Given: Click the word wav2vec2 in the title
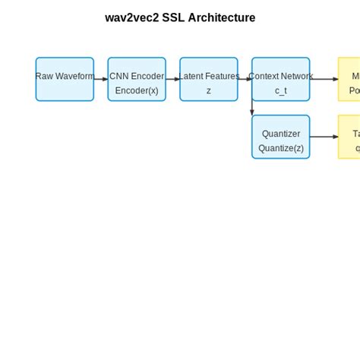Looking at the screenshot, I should point(131,17).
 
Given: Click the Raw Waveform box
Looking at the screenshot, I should point(65,79).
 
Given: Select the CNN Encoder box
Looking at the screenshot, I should point(137,79).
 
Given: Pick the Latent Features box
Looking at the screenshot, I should point(209,79).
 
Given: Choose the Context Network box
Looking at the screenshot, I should point(281,79).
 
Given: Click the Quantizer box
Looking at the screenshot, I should point(281,137).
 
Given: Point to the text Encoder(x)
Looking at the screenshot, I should point(137,90).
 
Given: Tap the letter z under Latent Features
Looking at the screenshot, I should point(209,90).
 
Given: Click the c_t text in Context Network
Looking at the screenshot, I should point(281,90).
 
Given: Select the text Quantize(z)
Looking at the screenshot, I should point(281,148).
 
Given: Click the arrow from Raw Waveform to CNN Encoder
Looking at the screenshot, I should point(101,79).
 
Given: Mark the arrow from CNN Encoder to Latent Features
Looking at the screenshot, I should point(173,79).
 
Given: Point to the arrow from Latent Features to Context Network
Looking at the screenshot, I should point(245,79).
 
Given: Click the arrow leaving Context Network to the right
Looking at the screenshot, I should point(324,79).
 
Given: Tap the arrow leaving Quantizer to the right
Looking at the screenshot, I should point(324,137).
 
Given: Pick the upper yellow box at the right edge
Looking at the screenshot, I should point(350,79).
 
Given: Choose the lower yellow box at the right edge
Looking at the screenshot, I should point(350,137).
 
